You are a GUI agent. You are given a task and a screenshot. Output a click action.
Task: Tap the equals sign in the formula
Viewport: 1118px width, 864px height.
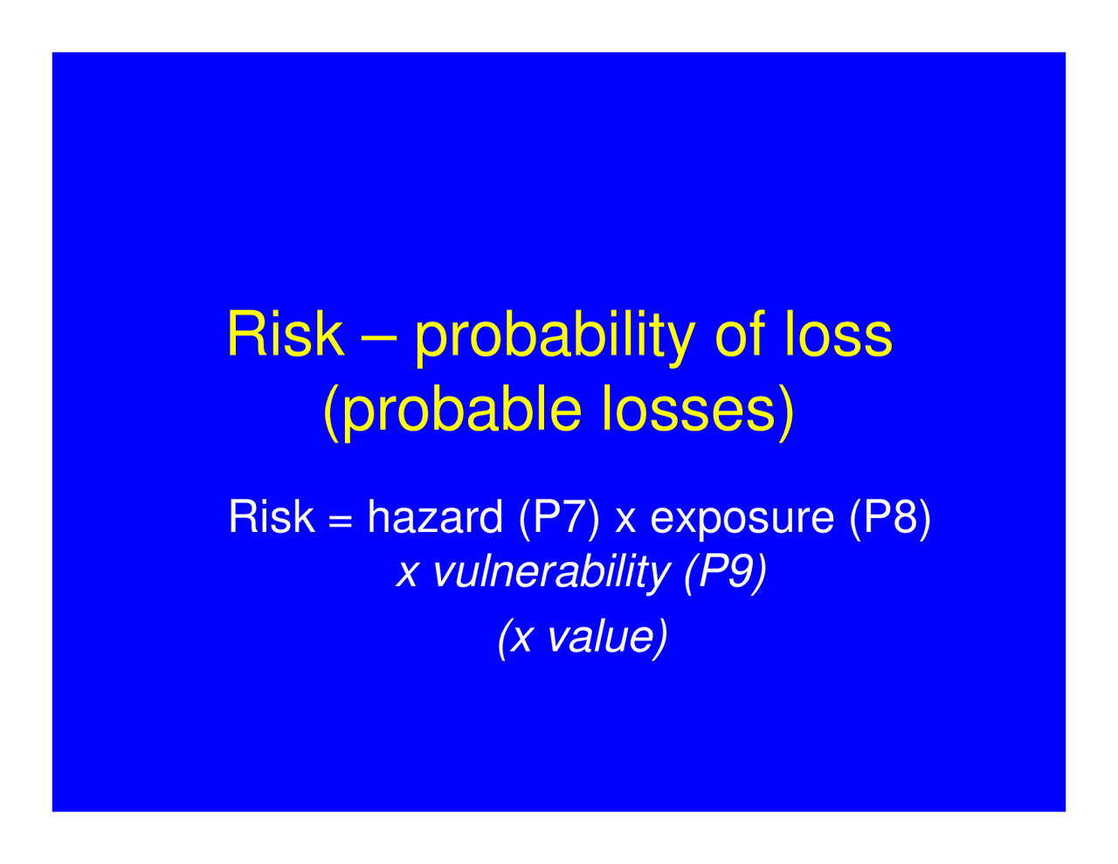click(341, 522)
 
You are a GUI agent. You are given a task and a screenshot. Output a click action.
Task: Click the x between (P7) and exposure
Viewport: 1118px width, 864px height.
click(625, 521)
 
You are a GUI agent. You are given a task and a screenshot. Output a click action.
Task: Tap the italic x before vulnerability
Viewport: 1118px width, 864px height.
click(406, 575)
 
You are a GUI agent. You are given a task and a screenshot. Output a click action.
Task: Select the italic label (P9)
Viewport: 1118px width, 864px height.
click(722, 573)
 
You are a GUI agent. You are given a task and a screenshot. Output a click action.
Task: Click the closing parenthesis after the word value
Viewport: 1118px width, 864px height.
click(661, 638)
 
